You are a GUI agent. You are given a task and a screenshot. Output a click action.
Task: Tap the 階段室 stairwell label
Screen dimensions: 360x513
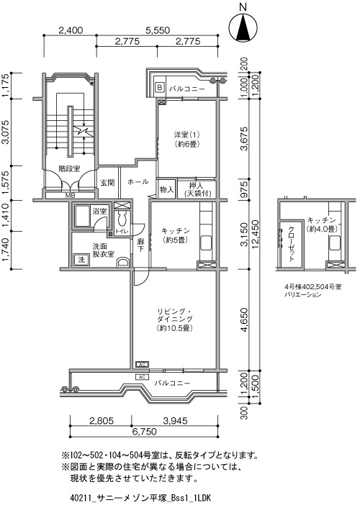[69, 169]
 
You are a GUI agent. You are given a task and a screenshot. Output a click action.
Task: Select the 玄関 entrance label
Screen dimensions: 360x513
[107, 183]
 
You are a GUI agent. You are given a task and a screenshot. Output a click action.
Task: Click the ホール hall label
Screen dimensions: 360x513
[138, 181]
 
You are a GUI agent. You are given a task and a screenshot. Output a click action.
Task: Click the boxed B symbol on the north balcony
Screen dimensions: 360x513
[160, 87]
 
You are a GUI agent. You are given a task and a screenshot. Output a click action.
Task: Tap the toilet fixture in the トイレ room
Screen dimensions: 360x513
[122, 218]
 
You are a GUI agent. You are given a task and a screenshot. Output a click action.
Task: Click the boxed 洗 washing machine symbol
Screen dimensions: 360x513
[81, 260]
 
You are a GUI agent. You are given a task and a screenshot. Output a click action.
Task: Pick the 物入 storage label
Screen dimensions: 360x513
[166, 189]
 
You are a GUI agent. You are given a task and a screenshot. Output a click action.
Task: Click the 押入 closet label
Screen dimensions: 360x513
[197, 186]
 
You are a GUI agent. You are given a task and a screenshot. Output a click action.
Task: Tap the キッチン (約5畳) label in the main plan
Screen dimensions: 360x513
[176, 235]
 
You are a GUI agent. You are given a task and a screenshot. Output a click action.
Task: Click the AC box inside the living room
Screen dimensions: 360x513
[143, 364]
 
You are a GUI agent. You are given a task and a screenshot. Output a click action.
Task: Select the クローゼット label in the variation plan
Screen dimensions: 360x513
[291, 243]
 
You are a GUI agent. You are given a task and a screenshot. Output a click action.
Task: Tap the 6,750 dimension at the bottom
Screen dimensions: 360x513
[144, 432]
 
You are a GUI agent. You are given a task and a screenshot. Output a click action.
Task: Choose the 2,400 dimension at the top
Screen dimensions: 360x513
[71, 30]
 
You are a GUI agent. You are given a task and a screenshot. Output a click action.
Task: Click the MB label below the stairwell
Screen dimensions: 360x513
[70, 196]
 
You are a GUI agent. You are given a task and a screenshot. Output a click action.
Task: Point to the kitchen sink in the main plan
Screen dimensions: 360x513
[206, 242]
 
